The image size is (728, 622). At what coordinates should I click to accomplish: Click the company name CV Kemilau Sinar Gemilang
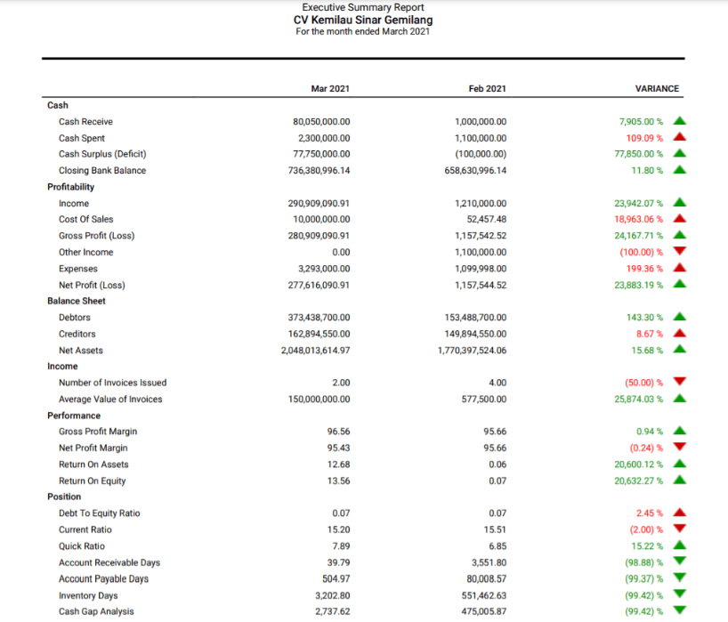[x=363, y=20]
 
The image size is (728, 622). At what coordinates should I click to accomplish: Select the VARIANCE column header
[x=657, y=89]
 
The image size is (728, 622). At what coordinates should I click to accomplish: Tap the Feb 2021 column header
[x=487, y=89]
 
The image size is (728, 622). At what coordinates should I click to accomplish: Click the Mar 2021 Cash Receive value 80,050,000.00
[x=321, y=122]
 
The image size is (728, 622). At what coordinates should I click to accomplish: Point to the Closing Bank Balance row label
[x=102, y=171]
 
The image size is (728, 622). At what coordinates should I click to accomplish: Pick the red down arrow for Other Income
[x=680, y=252]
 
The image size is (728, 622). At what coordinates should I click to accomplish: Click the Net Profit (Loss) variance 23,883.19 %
[x=639, y=285]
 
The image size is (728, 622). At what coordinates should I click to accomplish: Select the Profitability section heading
[x=70, y=187]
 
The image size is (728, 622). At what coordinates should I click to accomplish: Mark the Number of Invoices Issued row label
[x=112, y=383]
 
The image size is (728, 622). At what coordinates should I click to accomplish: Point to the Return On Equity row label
[x=93, y=481]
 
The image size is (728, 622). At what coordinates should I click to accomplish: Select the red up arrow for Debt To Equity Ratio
[x=680, y=513]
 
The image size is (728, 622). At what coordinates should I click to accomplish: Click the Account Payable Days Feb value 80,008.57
[x=487, y=579]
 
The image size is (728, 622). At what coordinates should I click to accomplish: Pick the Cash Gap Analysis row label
[x=96, y=611]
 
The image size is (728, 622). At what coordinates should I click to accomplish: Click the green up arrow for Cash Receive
[x=680, y=121]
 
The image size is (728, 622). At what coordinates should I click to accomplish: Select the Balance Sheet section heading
[x=76, y=301]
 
